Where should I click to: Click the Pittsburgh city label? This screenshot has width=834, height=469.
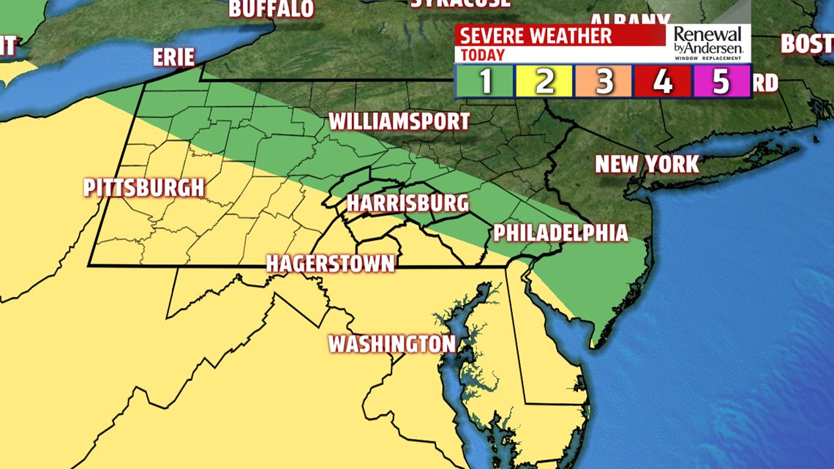(x=143, y=187)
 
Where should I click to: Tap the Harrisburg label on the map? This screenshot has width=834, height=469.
(x=407, y=203)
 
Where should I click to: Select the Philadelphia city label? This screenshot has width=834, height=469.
(x=560, y=233)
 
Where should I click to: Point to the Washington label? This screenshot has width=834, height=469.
(x=391, y=343)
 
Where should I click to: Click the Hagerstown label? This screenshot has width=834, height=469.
(x=330, y=263)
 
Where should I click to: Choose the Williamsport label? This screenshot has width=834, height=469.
(x=399, y=121)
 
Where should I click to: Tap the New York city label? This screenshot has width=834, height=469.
(x=647, y=163)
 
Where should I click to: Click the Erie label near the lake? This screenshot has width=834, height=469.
(x=174, y=57)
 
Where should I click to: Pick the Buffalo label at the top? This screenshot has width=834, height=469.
(x=271, y=9)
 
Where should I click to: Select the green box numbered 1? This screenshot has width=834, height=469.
(x=487, y=81)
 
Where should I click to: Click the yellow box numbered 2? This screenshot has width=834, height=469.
(x=545, y=81)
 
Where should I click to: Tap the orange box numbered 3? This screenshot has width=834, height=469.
(x=604, y=81)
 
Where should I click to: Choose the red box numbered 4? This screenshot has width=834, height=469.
(x=663, y=81)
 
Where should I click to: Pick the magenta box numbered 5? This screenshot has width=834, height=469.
(x=721, y=81)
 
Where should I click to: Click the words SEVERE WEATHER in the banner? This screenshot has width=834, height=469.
(x=536, y=36)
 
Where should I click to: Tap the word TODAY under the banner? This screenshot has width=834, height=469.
(x=483, y=55)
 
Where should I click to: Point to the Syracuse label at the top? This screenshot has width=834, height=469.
(x=460, y=4)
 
